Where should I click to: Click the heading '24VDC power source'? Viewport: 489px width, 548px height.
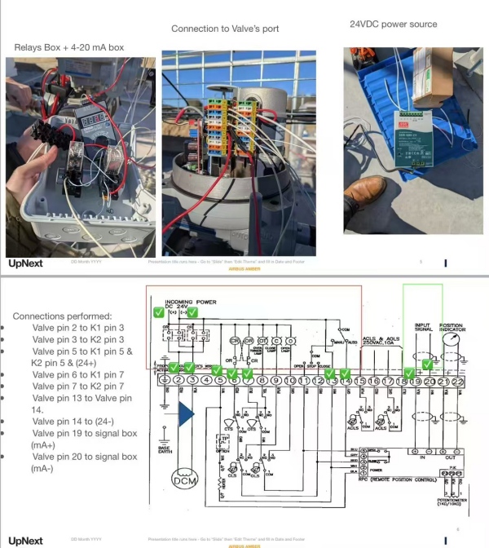pyautogui.click(x=393, y=24)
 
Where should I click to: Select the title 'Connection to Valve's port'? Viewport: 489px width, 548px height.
pyautogui.click(x=225, y=29)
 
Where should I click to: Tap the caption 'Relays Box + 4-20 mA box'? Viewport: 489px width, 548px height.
pyautogui.click(x=69, y=48)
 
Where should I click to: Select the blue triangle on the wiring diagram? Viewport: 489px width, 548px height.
pyautogui.click(x=186, y=415)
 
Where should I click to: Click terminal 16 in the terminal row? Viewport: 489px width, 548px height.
pyautogui.click(x=375, y=380)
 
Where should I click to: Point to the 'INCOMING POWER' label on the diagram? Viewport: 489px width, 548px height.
pyautogui.click(x=190, y=301)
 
